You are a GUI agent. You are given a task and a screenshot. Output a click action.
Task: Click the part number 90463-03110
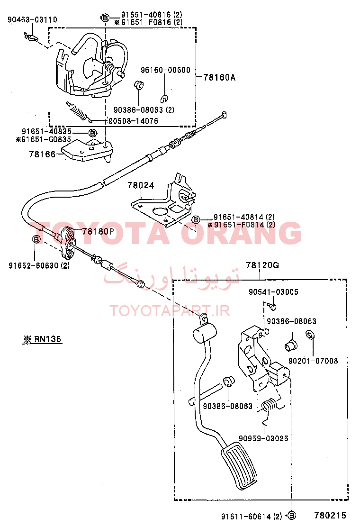click(32, 20)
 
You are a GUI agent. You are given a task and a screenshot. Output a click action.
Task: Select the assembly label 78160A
click(219, 77)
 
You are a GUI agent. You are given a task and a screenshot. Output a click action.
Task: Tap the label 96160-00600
click(165, 70)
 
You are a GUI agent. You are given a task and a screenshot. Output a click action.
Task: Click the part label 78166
click(42, 154)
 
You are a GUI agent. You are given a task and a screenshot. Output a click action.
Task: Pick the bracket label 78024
click(141, 185)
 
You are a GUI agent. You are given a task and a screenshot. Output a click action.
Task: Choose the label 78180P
click(98, 231)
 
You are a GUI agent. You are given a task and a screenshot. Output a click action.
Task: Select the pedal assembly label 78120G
click(262, 265)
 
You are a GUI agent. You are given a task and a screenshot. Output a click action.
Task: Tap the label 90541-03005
click(273, 292)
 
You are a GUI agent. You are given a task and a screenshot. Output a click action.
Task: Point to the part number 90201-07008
click(314, 361)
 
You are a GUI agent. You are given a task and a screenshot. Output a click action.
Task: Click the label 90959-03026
click(263, 438)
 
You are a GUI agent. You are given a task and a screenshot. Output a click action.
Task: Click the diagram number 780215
click(330, 516)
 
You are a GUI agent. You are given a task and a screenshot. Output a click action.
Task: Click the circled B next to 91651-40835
click(92, 132)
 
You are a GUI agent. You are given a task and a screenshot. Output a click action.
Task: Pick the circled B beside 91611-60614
click(292, 516)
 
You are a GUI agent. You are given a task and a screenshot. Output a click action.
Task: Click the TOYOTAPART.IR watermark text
click(170, 310)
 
